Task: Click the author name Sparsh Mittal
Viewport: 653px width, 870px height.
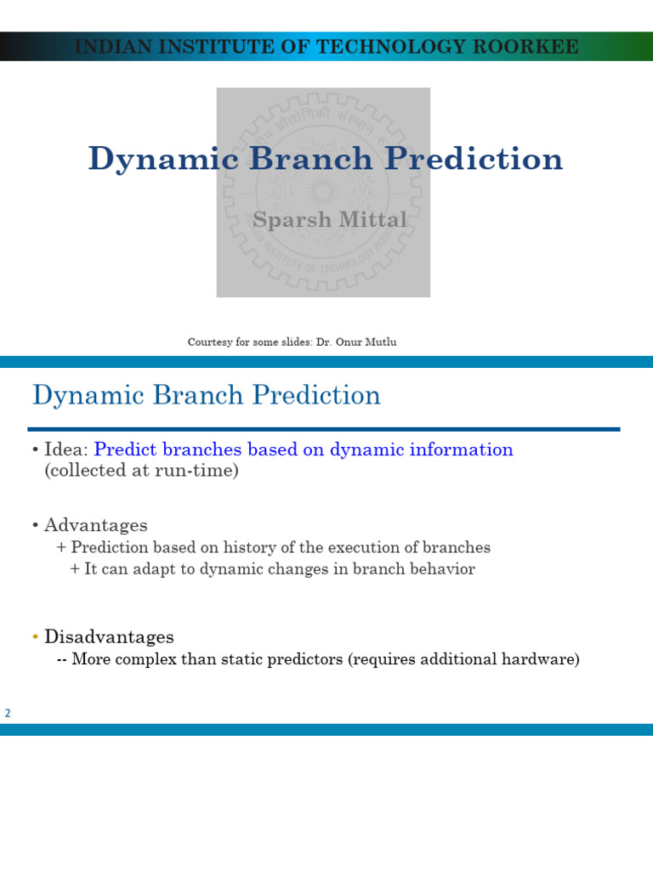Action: (330, 220)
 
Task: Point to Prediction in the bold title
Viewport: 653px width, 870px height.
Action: (472, 159)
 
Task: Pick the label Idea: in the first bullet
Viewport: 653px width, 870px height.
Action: (66, 450)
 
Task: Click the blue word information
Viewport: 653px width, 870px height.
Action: (464, 450)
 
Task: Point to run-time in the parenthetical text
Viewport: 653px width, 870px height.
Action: (202, 471)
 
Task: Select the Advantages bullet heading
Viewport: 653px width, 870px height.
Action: (95, 525)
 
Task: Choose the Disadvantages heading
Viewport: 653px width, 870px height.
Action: (109, 637)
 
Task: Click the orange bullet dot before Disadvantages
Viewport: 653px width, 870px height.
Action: (35, 637)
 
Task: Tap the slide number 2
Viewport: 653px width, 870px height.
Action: (8, 714)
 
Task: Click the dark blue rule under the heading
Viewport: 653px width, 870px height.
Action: (323, 429)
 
